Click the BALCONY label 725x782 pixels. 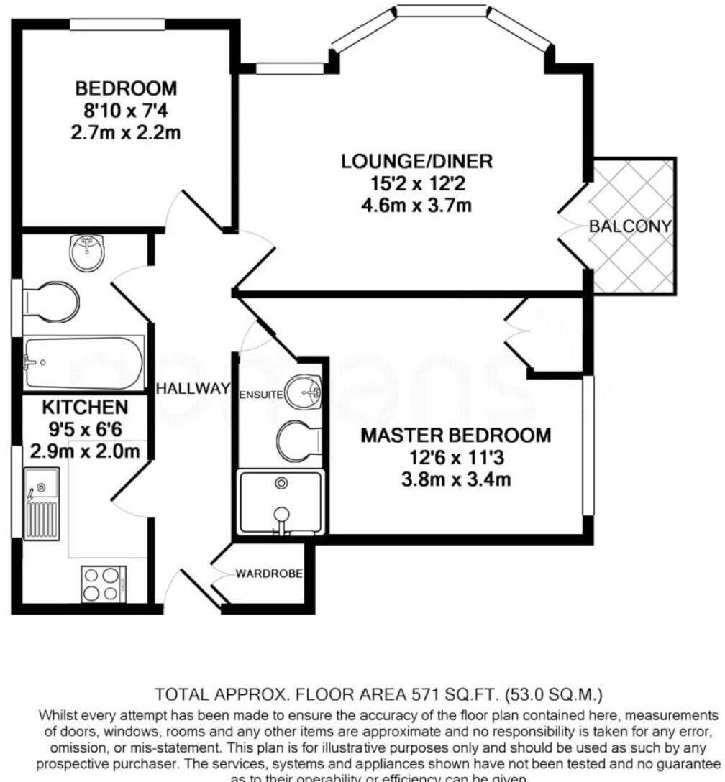(630, 226)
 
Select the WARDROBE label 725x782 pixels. (268, 574)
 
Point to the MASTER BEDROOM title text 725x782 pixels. (455, 436)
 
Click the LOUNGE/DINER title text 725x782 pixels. (417, 162)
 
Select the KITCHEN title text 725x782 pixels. (85, 408)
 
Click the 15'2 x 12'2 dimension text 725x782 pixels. (417, 184)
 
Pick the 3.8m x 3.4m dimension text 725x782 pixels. (455, 479)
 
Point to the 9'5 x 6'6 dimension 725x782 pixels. (85, 430)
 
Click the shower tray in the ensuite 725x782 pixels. (281, 502)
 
